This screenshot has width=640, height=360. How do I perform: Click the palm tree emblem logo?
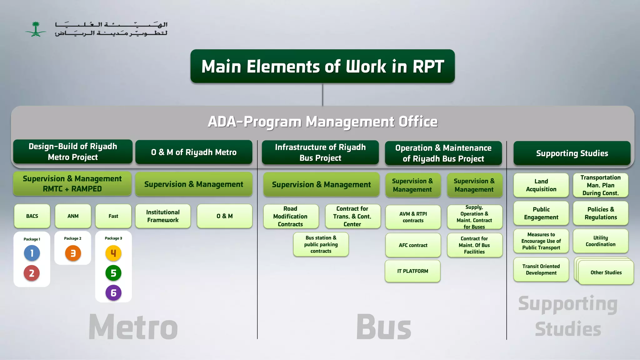coord(36,29)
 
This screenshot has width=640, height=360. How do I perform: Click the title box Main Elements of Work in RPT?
coord(322,66)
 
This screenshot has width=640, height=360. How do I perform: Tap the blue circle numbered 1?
coord(32,253)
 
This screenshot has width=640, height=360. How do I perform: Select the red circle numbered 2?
coord(32,273)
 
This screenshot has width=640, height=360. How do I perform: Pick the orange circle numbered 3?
coord(73,253)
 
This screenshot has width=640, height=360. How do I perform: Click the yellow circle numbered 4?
coord(113,253)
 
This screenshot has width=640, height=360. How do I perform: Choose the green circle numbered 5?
coord(113,273)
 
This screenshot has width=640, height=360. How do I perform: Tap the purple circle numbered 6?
coord(113,293)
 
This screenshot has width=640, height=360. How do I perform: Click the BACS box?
coord(32,216)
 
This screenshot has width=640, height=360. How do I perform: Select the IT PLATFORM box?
coord(412,271)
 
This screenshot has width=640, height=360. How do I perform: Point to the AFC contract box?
coord(413,245)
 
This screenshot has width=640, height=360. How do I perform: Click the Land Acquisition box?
coord(541,185)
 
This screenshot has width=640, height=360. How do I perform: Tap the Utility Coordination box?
coord(600,241)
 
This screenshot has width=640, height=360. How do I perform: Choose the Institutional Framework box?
coord(163,216)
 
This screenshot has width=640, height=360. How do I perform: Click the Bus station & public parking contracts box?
coord(321,244)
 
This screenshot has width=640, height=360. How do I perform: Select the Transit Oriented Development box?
coord(541,269)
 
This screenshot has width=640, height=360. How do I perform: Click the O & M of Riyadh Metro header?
coord(194,152)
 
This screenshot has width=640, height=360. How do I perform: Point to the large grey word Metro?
coord(133,327)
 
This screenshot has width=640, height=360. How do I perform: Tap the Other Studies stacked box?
coord(606,272)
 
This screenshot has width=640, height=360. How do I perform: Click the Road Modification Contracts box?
coord(291,216)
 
